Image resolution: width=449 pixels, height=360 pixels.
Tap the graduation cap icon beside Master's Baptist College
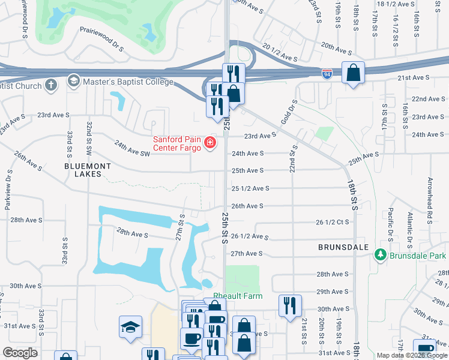point(73,80)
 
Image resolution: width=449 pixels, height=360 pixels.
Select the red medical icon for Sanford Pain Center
point(210,143)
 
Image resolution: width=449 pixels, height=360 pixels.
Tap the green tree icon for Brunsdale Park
point(379,256)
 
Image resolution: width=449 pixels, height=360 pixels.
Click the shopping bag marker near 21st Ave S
point(354,73)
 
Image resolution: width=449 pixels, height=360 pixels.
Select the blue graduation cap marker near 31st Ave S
point(130,327)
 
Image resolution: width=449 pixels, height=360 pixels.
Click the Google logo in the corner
point(20,353)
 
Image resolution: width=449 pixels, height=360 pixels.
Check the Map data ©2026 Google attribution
point(412,355)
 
